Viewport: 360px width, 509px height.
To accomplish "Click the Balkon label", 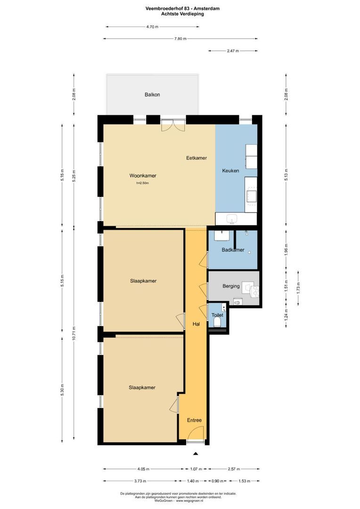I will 152,95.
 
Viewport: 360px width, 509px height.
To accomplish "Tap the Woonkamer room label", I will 143,176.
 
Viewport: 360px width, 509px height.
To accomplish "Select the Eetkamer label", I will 196,158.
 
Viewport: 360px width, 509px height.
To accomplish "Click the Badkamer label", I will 233,250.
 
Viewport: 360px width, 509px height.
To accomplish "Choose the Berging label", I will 231,286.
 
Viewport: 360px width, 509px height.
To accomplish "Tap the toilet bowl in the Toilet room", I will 217,322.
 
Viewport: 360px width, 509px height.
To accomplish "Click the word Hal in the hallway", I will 196,324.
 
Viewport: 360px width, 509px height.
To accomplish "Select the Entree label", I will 194,420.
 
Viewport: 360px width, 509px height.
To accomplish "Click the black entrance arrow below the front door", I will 196,453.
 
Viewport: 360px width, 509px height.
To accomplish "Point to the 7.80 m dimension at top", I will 180,39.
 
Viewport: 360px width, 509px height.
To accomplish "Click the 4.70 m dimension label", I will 152,27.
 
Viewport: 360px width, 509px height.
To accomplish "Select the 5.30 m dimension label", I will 62,389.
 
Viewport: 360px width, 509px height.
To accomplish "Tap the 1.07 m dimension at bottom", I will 196,469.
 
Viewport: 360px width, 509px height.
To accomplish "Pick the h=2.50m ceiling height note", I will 142,183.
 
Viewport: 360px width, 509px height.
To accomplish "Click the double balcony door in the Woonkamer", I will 167,125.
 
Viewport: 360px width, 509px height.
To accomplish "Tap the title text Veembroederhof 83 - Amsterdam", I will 180,8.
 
